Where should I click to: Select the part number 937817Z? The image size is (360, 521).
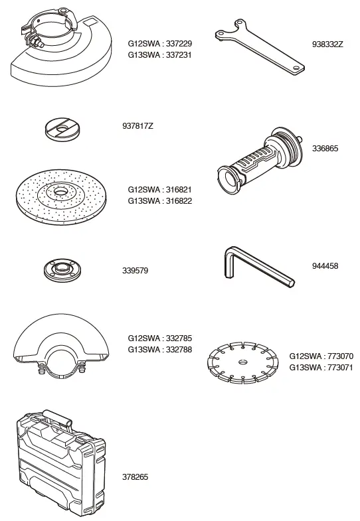(x=137, y=125)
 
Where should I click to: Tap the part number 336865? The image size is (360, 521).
(x=324, y=149)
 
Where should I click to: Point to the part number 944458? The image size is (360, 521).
(x=324, y=265)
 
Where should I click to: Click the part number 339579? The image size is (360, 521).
(x=135, y=271)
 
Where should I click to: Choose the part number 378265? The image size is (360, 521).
(x=135, y=477)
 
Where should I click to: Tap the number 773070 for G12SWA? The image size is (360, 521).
(x=339, y=356)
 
